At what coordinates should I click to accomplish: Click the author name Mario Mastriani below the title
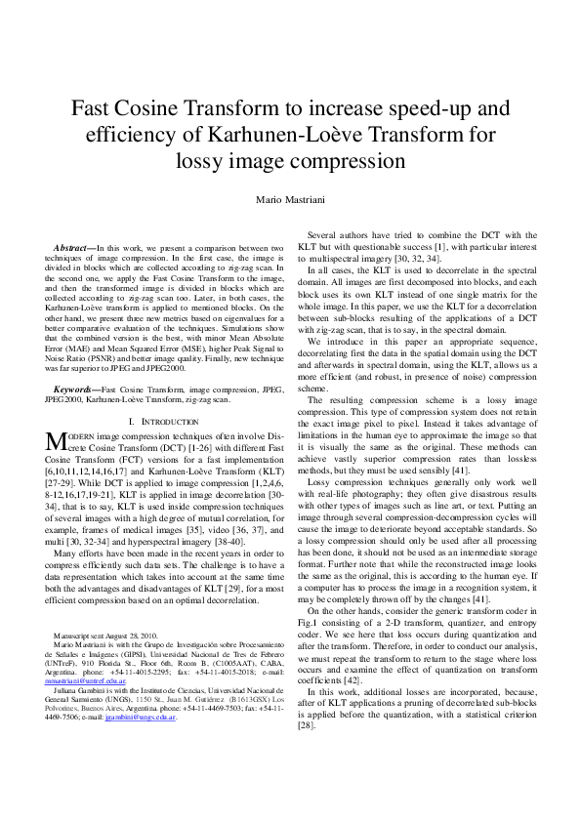290,199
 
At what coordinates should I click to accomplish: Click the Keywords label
77,389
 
